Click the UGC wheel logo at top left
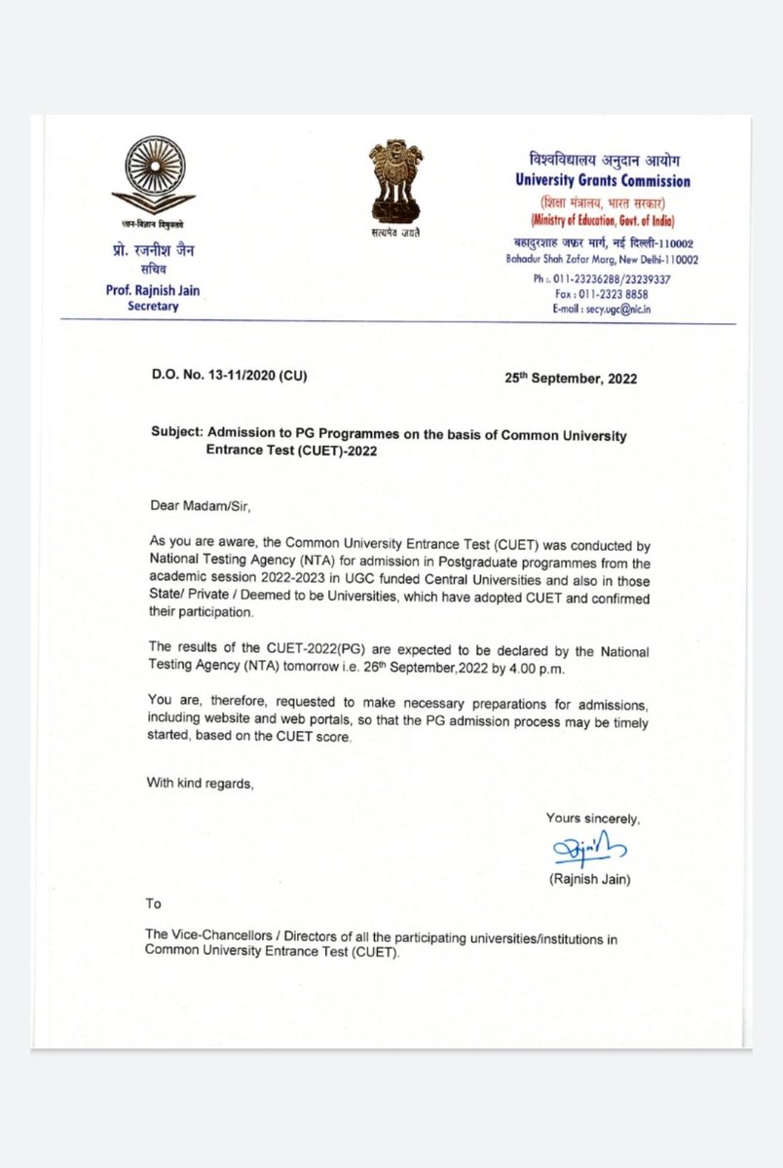point(152,176)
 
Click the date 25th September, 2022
point(570,378)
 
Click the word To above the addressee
point(153,903)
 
